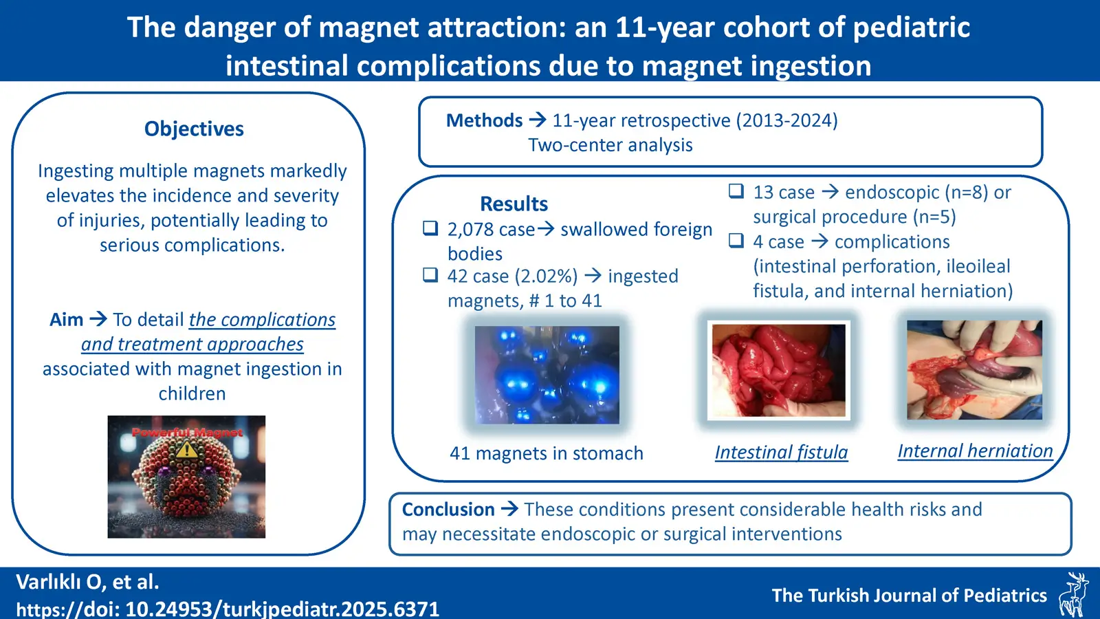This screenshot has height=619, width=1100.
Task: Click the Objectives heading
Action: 194,129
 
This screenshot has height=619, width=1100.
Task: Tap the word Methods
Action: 484,120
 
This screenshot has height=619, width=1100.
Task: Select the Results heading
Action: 514,204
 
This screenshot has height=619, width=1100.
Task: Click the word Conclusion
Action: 448,510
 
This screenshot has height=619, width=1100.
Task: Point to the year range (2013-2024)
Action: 786,120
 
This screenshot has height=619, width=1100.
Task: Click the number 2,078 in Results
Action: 467,230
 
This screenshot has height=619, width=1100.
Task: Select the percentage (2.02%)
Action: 546,276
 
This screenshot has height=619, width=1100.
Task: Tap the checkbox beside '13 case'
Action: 736,191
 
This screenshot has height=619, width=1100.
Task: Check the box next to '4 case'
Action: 736,240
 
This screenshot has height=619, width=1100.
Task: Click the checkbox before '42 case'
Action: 430,274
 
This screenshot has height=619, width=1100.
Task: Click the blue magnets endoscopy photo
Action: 547,375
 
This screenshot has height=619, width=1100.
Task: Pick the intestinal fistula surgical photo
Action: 779,371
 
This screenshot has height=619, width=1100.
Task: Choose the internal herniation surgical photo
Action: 974,370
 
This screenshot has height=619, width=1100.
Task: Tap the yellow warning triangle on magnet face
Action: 186,450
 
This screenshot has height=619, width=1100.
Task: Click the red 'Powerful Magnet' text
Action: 187,433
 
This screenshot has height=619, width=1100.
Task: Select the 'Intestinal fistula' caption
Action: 781,453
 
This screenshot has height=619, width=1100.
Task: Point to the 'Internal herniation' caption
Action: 976,451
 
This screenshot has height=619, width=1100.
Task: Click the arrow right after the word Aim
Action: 98,319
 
